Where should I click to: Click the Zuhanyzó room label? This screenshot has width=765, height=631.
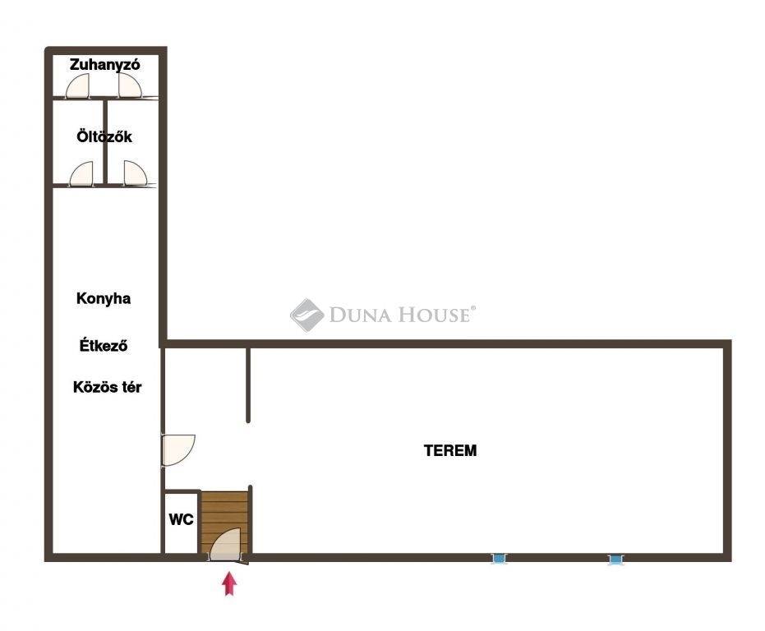104,65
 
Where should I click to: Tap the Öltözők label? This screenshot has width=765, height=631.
104,136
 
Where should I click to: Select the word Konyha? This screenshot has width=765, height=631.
104,298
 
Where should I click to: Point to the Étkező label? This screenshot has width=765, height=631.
104,346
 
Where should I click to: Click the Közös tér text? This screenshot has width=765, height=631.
108,387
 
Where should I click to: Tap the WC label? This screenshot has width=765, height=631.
181,519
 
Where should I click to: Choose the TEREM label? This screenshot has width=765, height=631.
449,450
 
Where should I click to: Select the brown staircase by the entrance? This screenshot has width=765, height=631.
224,523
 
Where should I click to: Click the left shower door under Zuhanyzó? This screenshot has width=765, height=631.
78,86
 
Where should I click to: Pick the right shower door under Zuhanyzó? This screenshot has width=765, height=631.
130,86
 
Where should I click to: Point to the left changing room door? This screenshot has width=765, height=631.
81,173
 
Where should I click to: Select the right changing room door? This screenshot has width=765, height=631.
135,173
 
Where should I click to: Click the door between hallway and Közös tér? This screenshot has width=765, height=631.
178,450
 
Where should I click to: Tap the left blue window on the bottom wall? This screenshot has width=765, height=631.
498,558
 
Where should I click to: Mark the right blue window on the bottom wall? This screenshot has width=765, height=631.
615,560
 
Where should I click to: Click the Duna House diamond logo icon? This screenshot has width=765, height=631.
306,315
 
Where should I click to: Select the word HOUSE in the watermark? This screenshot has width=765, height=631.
434,315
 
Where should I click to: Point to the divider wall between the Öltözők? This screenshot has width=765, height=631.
105,141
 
